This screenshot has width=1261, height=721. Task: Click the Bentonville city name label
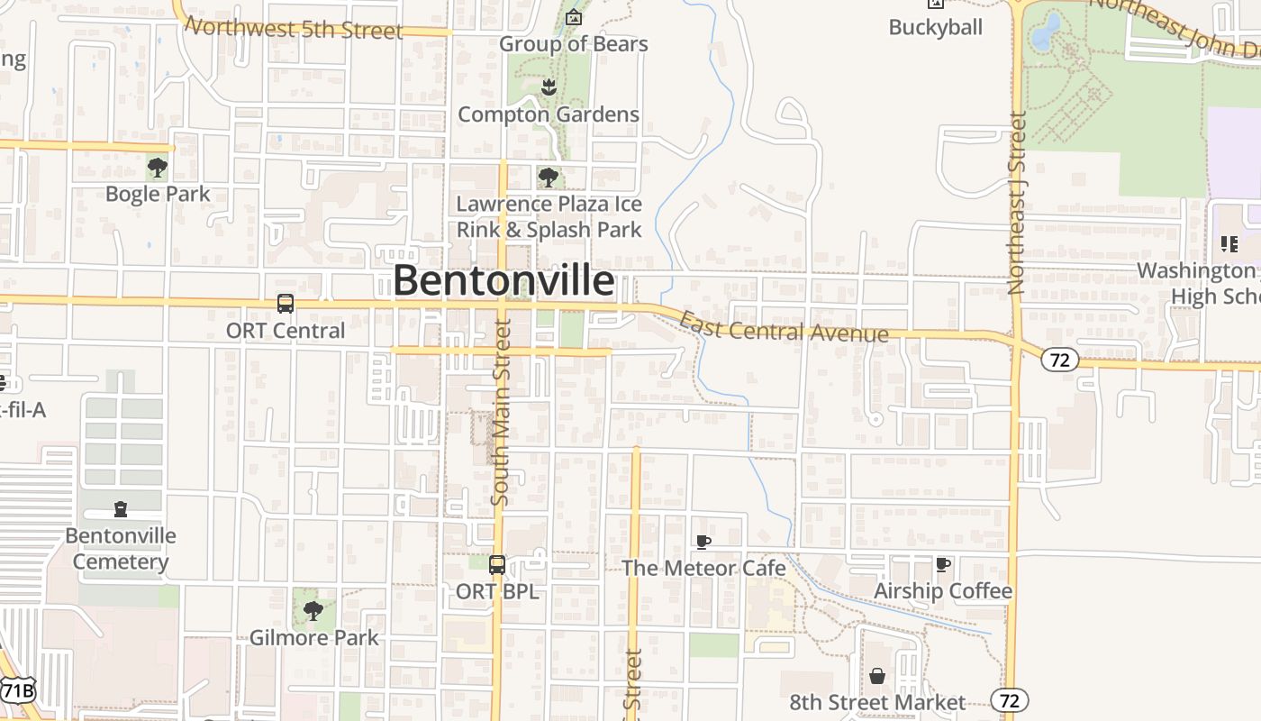coord(503,281)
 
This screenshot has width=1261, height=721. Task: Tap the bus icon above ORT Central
coord(286,304)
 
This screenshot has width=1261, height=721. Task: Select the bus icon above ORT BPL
coord(496,565)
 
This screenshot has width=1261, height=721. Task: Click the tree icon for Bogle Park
coord(158,168)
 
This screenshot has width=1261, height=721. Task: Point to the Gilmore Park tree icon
coord(313,611)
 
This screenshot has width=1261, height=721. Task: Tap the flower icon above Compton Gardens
coord(548,87)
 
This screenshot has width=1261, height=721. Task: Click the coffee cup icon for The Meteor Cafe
coord(703,542)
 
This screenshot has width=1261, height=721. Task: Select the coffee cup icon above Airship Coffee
coord(943,565)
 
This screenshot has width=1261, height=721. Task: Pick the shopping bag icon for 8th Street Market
coord(877,676)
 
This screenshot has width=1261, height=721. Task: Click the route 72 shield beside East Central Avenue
coord(1059,360)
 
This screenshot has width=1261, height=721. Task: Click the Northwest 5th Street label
coord(294,28)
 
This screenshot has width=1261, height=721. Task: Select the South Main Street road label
coord(502,411)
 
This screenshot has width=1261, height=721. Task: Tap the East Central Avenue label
coord(783,328)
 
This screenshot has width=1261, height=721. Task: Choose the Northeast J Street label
coord(1018,203)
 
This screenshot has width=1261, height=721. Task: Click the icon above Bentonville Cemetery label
coord(121,510)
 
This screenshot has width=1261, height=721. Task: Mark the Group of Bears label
coord(573,43)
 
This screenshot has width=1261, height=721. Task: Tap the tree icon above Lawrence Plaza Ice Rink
coord(548,177)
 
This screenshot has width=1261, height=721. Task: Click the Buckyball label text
coord(935,27)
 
